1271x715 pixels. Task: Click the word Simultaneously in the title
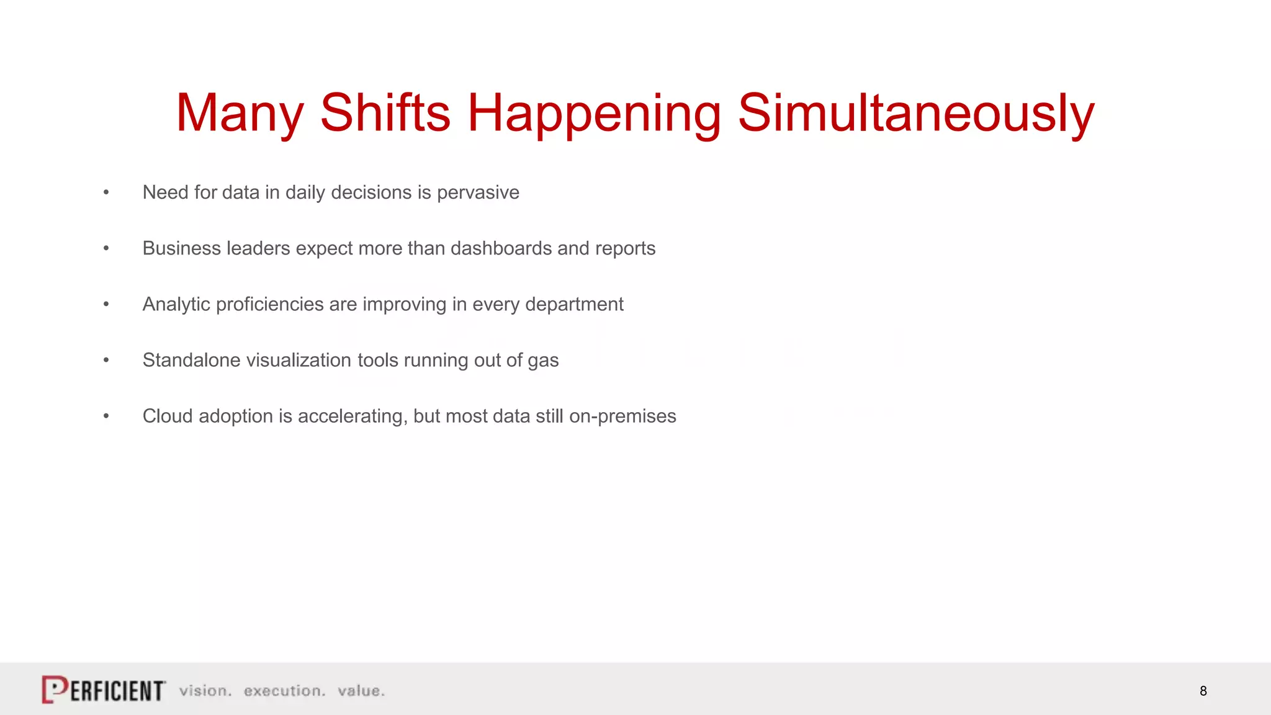tap(916, 114)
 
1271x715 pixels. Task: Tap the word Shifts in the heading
tap(385, 114)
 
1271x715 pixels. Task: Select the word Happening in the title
tap(594, 114)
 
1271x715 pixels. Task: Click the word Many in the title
tap(240, 114)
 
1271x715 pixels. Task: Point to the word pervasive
tap(478, 193)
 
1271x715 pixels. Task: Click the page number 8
tap(1203, 691)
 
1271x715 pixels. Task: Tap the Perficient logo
tap(104, 690)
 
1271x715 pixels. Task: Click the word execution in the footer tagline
tap(284, 691)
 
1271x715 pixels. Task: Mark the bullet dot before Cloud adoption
tap(106, 416)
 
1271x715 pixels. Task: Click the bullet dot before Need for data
tap(106, 192)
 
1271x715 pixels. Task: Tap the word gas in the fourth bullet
tap(543, 361)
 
